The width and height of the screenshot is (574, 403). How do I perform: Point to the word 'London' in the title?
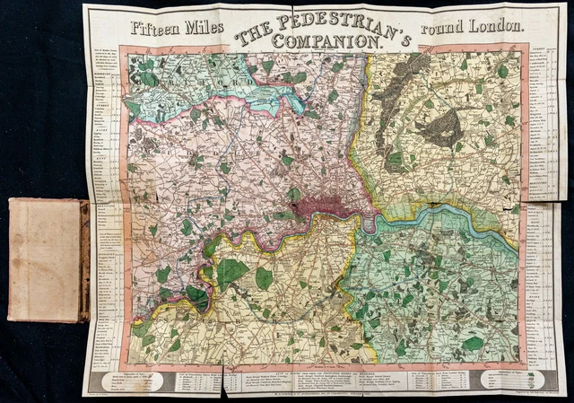point(497,28)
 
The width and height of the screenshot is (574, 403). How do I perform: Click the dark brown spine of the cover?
point(83,260)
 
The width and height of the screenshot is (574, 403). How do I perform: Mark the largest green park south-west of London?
point(232,271)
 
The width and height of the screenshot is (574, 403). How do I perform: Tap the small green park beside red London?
point(294,194)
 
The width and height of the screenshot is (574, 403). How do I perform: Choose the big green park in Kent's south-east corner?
point(473,343)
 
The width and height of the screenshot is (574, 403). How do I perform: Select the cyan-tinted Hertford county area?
point(269,85)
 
